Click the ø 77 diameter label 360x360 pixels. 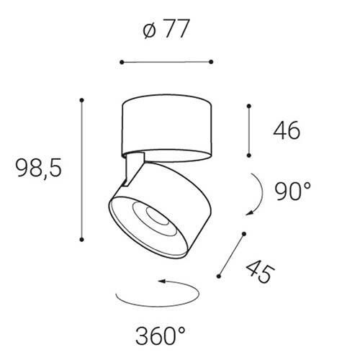[166, 29]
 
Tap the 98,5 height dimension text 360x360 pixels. [39, 168]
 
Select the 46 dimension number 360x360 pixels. [287, 130]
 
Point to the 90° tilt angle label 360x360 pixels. [293, 191]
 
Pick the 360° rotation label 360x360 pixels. [161, 336]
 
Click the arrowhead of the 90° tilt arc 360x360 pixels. [250, 212]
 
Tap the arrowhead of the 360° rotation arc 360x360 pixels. [161, 281]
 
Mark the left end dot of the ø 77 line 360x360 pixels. [122, 62]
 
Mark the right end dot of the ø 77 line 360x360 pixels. [211, 62]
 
